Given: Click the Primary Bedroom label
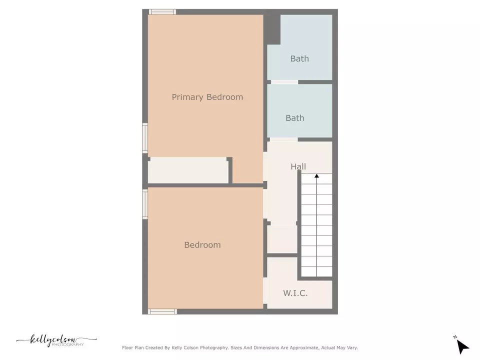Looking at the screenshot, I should coord(207,97).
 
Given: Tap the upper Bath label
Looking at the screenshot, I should coord(299,58).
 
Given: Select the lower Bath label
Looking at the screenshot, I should coord(294,118).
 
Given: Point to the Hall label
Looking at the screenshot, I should coord(298,166).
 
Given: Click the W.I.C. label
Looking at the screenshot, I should coord(295,293).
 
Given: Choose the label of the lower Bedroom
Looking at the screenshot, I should coord(202,245).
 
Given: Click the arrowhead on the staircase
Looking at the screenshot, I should coord(316,176).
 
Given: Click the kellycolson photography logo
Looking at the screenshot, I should coord(56,341).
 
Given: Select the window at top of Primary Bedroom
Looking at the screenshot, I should coord(162,12).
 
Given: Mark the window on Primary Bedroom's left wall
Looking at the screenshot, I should coord(145,137).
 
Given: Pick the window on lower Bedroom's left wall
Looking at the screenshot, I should coord(145,203).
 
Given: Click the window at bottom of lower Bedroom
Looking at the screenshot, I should coord(162,311).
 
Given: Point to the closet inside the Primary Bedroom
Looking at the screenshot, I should coord(188,171).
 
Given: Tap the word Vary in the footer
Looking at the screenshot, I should coord(352,347).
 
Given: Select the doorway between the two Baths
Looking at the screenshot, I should coord(284,81).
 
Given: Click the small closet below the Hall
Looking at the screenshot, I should coord(282,239).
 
